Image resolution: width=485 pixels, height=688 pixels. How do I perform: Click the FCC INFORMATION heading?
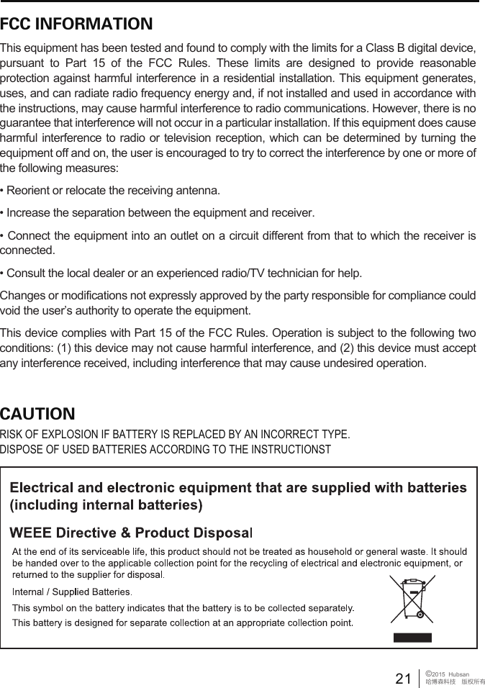[76, 24]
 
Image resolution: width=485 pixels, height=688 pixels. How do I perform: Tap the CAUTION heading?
[37, 414]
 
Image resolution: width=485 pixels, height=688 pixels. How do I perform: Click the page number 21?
[404, 678]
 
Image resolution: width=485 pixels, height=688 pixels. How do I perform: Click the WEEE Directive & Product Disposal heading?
[130, 533]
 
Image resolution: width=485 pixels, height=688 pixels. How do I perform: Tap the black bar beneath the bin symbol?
[412, 637]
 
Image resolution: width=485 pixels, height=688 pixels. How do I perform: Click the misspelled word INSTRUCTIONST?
[289, 450]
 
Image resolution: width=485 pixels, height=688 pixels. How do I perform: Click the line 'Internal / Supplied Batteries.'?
[73, 592]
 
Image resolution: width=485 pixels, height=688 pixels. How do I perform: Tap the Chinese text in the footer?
[455, 682]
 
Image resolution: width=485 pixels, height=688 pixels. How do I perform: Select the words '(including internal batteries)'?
[106, 504]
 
